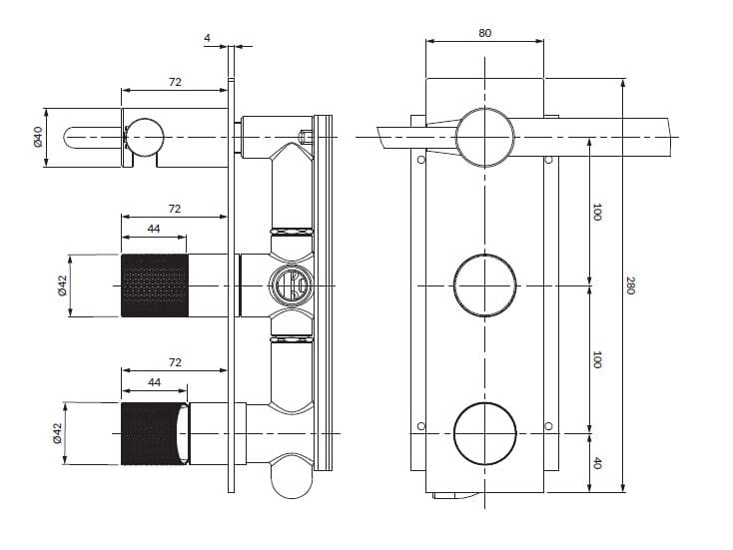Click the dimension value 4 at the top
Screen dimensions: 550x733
pyautogui.click(x=207, y=38)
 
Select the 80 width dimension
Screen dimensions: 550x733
pyautogui.click(x=484, y=33)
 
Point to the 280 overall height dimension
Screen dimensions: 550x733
pyautogui.click(x=630, y=284)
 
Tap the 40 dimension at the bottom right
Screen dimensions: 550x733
pyautogui.click(x=597, y=461)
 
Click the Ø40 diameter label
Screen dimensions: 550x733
pyautogui.click(x=38, y=137)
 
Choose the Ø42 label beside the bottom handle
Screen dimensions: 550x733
pyautogui.click(x=57, y=434)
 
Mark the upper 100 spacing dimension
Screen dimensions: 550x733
pyautogui.click(x=597, y=212)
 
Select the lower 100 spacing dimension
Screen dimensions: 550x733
pyautogui.click(x=597, y=359)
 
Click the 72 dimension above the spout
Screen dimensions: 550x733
pyautogui.click(x=175, y=82)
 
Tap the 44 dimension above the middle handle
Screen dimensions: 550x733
pyautogui.click(x=154, y=230)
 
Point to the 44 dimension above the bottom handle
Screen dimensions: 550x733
pyautogui.click(x=154, y=382)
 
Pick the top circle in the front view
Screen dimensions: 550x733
pyautogui.click(x=485, y=136)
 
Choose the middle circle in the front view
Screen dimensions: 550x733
pyautogui.click(x=485, y=286)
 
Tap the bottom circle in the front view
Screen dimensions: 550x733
pyautogui.click(x=485, y=434)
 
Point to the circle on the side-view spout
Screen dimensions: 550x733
pyautogui.click(x=144, y=137)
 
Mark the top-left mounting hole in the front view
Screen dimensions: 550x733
pyautogui.click(x=420, y=159)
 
